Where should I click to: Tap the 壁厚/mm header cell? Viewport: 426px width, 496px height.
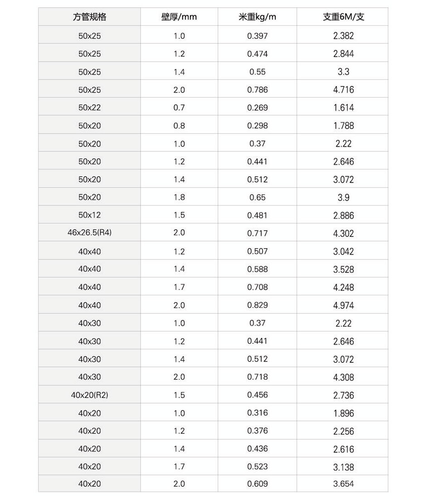tap(179, 18)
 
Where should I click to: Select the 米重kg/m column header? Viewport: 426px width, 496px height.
tap(257, 18)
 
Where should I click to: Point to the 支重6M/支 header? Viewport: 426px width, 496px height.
tap(343, 18)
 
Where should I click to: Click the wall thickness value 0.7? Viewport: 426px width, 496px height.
tap(179, 108)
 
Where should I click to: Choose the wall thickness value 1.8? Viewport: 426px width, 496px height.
tap(179, 197)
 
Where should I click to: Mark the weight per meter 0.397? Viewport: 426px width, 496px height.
tap(257, 36)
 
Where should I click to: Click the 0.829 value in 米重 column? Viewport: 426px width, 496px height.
tap(257, 305)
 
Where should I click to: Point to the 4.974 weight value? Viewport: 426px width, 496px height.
tap(343, 305)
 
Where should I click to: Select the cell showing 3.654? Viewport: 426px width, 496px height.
tap(343, 484)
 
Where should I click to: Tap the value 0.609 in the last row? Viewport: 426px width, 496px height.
tap(257, 484)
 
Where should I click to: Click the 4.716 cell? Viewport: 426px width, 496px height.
tap(343, 90)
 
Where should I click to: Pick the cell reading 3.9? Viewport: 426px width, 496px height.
tap(343, 197)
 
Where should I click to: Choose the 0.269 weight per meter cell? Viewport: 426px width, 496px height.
tap(257, 108)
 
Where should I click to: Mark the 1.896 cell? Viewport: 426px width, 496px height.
tap(343, 413)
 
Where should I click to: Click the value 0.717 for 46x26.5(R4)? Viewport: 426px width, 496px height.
tap(257, 234)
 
